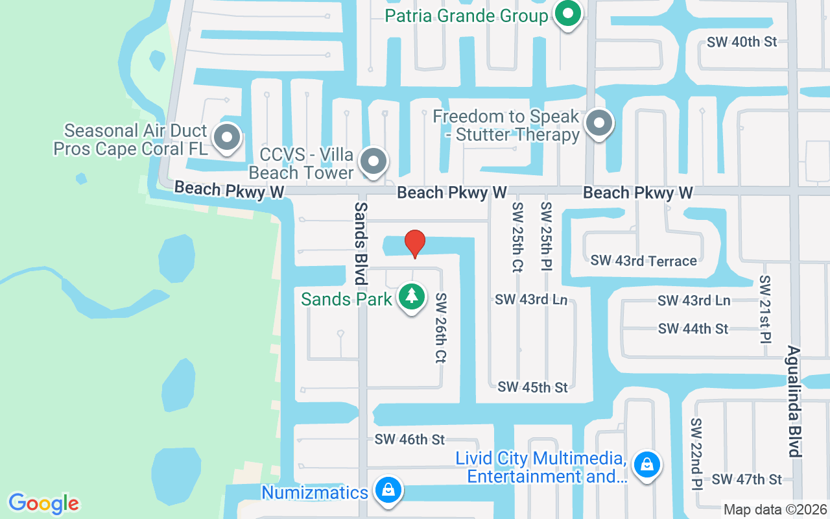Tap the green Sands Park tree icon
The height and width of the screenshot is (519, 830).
point(411,296)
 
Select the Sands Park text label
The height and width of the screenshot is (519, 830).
point(347,299)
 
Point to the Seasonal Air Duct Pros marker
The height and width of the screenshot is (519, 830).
point(227,137)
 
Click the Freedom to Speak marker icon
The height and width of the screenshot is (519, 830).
point(599,123)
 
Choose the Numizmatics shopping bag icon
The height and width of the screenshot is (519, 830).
point(388,490)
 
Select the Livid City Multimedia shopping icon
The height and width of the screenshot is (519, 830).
point(646,464)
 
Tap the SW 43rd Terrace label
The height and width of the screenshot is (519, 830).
point(643,261)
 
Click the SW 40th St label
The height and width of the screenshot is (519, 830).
point(742,42)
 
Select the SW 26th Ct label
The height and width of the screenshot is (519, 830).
point(442,328)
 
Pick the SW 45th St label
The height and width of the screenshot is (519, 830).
point(532,387)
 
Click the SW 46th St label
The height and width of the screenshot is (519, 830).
point(409,439)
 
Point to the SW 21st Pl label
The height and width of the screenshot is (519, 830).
point(765,309)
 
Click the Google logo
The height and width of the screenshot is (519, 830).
point(44,503)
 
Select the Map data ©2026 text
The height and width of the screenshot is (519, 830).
point(775,509)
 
